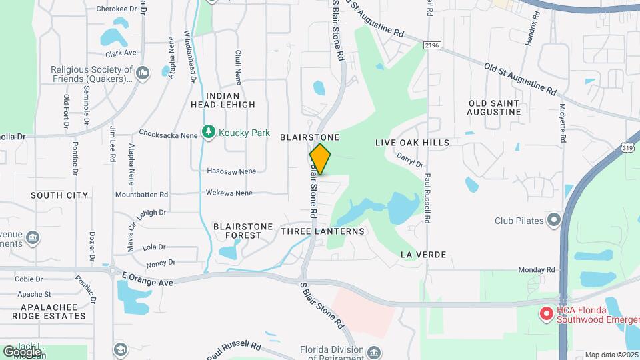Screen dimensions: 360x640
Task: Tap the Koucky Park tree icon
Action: [x=209, y=133]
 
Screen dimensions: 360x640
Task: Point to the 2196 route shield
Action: [x=432, y=45]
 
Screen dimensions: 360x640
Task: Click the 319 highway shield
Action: [x=627, y=146]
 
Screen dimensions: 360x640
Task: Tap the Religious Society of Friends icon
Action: [x=142, y=72]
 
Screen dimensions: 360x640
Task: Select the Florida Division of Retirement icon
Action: [x=373, y=351]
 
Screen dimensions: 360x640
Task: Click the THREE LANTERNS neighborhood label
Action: [x=323, y=231]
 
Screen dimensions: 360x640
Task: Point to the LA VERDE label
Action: [x=423, y=255]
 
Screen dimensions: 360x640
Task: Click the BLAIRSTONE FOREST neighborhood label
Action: [x=243, y=231]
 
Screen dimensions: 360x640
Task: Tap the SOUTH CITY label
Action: [x=59, y=195]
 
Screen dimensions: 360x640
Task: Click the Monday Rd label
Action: [x=537, y=270]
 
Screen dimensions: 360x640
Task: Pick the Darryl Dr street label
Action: [x=410, y=160]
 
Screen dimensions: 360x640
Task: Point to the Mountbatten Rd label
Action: [x=141, y=195]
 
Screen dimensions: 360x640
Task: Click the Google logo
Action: [x=22, y=351]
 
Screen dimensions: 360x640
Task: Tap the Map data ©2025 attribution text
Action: [x=611, y=355]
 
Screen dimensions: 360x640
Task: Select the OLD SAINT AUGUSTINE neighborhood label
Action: [x=495, y=107]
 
